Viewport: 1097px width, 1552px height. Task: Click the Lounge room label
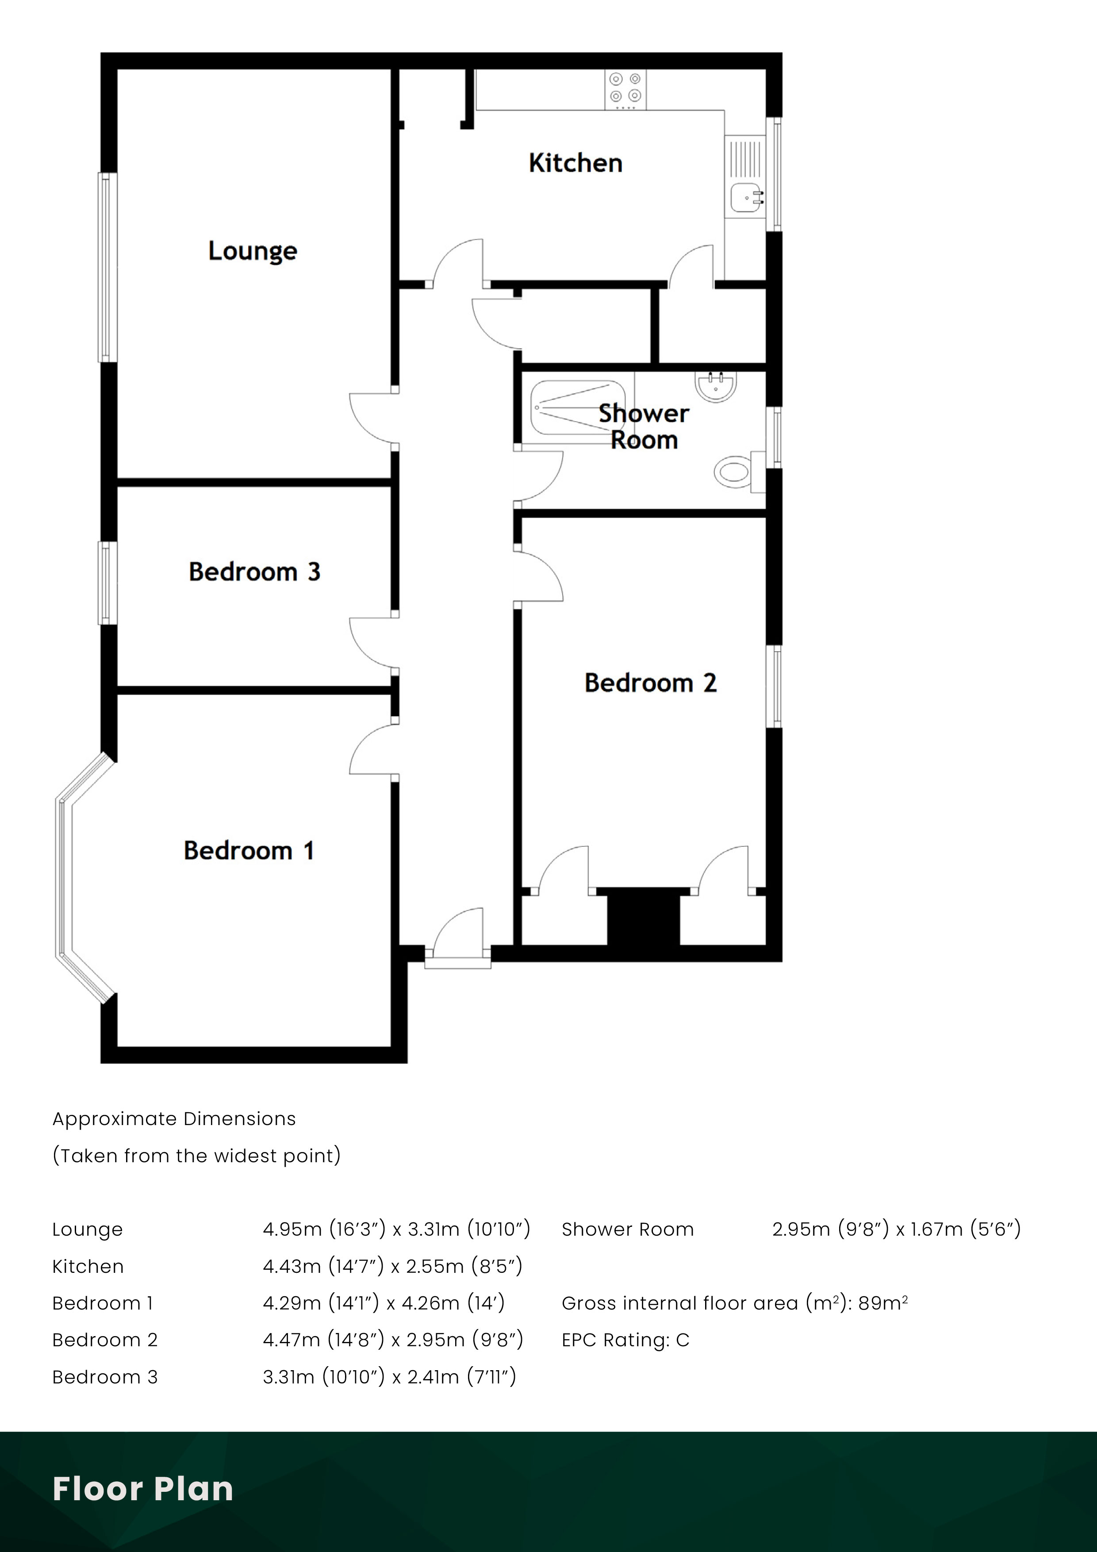(252, 251)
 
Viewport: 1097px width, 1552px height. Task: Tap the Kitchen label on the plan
(575, 163)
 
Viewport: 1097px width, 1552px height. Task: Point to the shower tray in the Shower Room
(578, 407)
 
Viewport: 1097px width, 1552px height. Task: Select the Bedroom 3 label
(254, 572)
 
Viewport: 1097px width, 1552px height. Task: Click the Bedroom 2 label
(650, 683)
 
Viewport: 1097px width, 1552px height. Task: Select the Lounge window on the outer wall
(107, 267)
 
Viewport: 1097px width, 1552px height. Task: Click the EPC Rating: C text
(625, 1340)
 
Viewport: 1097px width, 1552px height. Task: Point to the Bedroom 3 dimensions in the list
(389, 1377)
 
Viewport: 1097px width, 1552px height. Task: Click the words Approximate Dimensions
(174, 1119)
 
